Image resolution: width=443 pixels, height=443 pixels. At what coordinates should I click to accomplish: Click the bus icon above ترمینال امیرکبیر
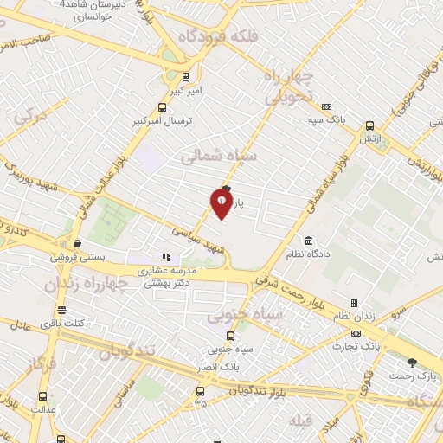pos(163,107)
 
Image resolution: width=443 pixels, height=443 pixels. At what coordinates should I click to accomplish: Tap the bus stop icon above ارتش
pos(369,125)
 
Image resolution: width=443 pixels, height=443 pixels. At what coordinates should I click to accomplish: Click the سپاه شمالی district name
pos(219,157)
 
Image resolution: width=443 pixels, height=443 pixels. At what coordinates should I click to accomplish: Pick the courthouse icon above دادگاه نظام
pos(308,240)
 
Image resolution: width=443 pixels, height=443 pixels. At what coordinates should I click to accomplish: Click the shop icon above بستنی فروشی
pos(78,244)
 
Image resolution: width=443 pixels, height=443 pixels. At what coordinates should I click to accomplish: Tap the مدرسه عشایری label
pos(172,271)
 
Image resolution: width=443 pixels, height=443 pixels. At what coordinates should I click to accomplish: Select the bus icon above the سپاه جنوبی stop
pos(229,337)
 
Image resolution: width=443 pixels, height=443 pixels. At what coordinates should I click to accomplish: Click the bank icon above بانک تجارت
pos(356,333)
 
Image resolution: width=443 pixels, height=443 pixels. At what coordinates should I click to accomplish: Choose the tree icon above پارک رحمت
pos(412,363)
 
